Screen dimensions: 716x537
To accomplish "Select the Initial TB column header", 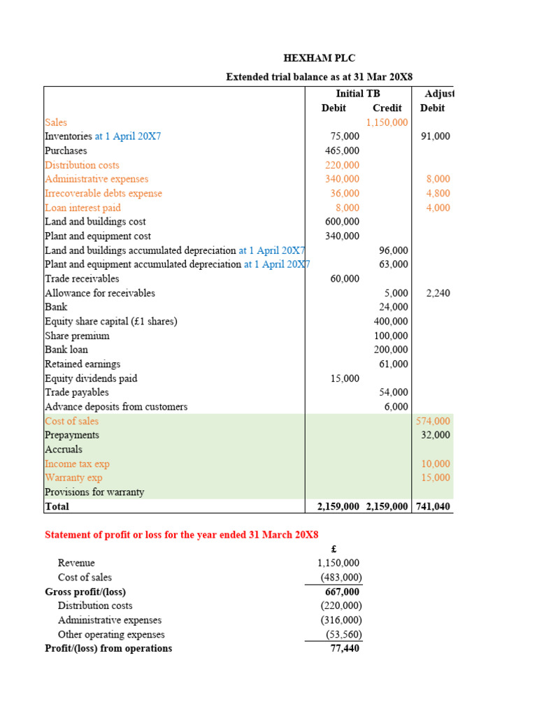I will pos(359,93).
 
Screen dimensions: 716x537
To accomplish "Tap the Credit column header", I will pos(387,108).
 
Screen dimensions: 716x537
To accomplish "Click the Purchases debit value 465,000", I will pos(342,150).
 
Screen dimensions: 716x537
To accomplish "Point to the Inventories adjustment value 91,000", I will pos(436,136).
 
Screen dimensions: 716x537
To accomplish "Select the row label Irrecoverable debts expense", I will pos(103,193).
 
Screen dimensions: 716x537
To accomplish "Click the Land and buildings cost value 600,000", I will pos(342,222).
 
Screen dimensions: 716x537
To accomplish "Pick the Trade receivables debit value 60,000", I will pos(345,279).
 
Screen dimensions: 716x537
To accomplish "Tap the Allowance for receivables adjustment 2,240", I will pos(438,293).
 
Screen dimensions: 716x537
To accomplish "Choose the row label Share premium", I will pos(77,336).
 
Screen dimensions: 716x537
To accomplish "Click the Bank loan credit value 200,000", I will pos(391,350).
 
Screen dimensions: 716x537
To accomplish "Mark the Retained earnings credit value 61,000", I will pos(394,364).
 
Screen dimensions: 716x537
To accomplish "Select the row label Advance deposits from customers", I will pos(116,406).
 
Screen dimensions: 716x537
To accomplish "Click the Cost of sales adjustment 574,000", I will pos(434,421).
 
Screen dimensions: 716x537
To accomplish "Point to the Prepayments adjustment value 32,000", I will pos(436,435).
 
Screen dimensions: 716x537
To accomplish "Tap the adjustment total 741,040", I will pos(434,506).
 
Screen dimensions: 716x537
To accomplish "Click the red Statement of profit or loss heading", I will pos(181,535).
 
